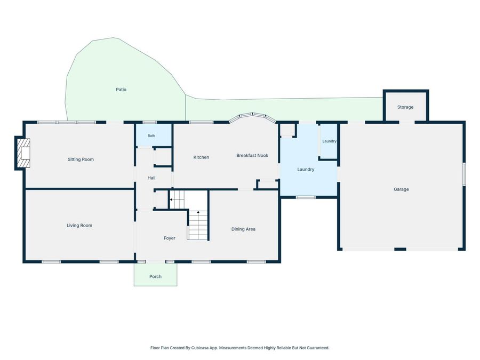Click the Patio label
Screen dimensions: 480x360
click(121, 90)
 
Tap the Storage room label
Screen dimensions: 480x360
click(405, 107)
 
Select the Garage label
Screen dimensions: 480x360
click(401, 189)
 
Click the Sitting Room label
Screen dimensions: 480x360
click(81, 159)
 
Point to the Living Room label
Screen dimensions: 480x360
click(79, 226)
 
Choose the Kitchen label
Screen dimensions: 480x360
click(201, 157)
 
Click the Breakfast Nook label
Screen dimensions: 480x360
click(252, 156)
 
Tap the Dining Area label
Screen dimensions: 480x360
click(243, 229)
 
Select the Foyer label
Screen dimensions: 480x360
click(169, 238)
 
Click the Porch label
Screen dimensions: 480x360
click(155, 276)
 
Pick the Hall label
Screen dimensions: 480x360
click(151, 178)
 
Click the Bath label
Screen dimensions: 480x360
click(151, 135)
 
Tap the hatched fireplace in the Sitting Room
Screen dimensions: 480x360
click(23, 153)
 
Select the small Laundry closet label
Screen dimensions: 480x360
click(330, 141)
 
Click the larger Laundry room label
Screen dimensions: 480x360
click(306, 170)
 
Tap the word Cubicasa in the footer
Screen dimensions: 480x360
click(199, 348)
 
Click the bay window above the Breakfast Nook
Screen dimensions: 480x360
click(253, 117)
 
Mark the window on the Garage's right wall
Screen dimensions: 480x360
click(464, 174)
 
